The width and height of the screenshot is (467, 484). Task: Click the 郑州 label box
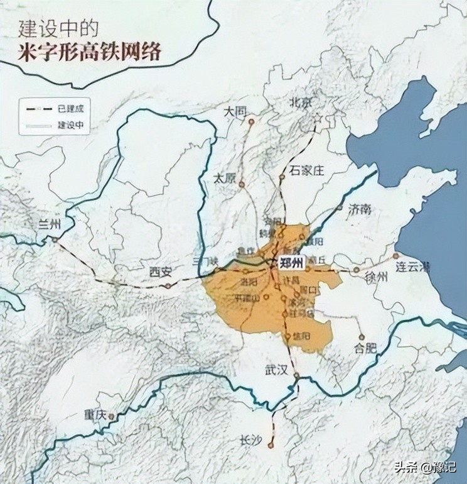pos(293,262)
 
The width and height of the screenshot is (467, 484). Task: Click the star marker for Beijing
pos(318,118)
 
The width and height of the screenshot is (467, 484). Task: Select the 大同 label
pos(237,111)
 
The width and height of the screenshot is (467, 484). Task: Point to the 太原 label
pos(224,178)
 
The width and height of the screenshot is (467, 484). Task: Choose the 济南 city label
pos(360,207)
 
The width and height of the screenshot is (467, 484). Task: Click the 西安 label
pos(161,272)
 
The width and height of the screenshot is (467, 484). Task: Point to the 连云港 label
pos(412,267)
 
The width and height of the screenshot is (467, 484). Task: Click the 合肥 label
pos(367,346)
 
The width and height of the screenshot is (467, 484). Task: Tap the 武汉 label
pos(276,371)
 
